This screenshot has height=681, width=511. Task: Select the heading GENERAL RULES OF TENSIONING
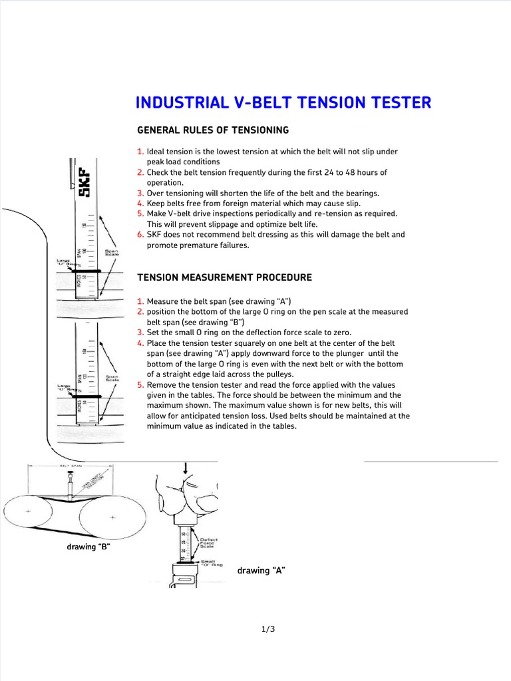pos(213,130)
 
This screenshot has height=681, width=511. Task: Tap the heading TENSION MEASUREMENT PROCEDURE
pos(224,277)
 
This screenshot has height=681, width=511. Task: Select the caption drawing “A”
pos(261,571)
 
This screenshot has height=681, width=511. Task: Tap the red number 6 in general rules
pos(140,235)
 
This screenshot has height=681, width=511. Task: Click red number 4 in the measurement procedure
pos(140,343)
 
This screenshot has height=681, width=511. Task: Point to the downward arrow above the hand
pos(187,469)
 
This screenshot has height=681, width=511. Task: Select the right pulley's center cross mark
pos(112,517)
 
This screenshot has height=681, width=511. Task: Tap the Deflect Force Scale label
pos(204,543)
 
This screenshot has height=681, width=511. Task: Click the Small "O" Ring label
pos(202,563)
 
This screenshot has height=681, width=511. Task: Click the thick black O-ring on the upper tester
pos(88,271)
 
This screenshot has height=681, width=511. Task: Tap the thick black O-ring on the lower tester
pos(88,396)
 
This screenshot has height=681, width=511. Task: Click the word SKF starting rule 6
pos(155,235)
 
